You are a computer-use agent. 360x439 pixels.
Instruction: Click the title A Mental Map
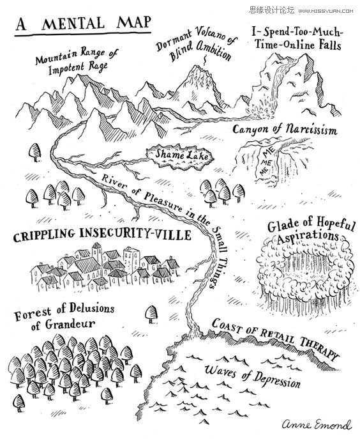point(83,24)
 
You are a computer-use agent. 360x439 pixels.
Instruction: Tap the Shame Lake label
point(181,155)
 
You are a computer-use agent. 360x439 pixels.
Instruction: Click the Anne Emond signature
point(317,424)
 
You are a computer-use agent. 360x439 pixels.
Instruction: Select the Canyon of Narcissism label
point(285,130)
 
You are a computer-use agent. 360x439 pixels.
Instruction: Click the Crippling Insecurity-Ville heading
point(102,235)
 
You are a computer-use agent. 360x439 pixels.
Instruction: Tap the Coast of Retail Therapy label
point(275,339)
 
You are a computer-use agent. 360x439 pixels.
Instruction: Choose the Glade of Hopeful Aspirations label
point(310,230)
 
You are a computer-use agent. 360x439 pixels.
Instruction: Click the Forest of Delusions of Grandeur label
point(64,317)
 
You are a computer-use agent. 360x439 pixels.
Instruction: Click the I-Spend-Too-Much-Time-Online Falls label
point(297,38)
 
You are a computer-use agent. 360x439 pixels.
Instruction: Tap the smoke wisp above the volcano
point(206,60)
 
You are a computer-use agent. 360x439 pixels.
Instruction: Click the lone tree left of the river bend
point(35,152)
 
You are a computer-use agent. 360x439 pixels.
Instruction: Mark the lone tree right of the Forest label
point(151,314)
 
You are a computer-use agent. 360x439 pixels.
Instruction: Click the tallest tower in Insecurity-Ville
point(97,253)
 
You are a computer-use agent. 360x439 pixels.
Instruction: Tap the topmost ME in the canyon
point(269,153)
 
